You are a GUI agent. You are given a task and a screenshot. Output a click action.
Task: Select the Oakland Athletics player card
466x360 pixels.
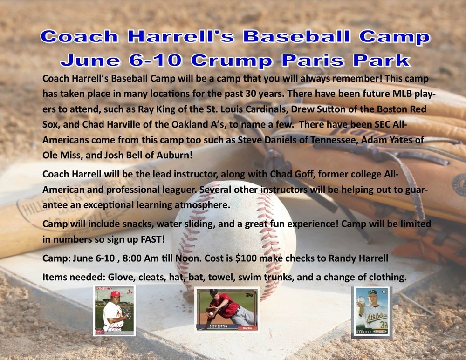point(371,312)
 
